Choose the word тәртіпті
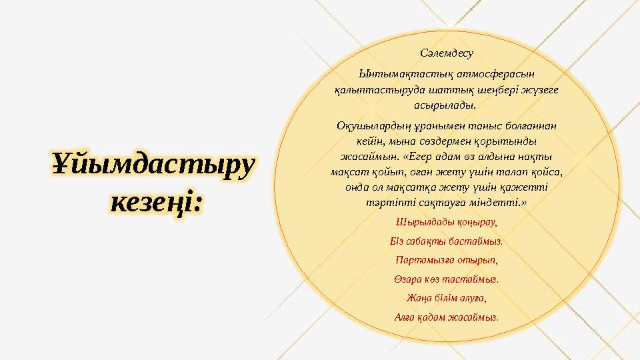coord(385,200)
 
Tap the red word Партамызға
coord(423,259)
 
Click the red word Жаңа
coord(417,297)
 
